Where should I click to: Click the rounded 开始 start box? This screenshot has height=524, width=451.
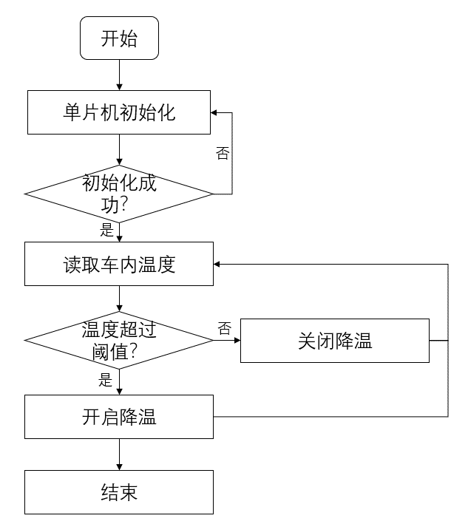pyautogui.click(x=119, y=38)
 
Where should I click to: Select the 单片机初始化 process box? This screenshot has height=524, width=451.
pyautogui.click(x=119, y=113)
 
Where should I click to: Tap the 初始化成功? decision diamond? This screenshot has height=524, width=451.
pyautogui.click(x=119, y=194)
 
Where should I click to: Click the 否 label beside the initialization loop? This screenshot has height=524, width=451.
pyautogui.click(x=222, y=153)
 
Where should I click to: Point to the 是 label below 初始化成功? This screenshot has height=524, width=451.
pyautogui.click(x=106, y=230)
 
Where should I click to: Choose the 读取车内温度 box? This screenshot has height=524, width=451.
pyautogui.click(x=119, y=264)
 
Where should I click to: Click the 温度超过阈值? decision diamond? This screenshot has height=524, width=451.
pyautogui.click(x=119, y=340)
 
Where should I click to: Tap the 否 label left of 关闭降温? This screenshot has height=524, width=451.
pyautogui.click(x=224, y=328)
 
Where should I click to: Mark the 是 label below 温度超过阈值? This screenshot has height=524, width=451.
pyautogui.click(x=106, y=381)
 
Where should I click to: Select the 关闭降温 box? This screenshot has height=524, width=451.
pyautogui.click(x=334, y=340)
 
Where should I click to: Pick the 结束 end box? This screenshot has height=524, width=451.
pyautogui.click(x=119, y=492)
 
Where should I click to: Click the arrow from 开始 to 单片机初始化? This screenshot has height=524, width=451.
pyautogui.click(x=119, y=75)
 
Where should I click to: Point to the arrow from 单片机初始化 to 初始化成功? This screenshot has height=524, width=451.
pyautogui.click(x=119, y=150)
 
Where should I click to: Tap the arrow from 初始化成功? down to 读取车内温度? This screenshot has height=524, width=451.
pyautogui.click(x=119, y=231)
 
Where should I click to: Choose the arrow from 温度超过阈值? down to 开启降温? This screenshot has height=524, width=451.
pyautogui.click(x=119, y=381)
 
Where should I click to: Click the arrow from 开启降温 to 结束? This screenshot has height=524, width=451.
pyautogui.click(x=119, y=455)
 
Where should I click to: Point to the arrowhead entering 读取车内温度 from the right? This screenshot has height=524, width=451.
pyautogui.click(x=217, y=264)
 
